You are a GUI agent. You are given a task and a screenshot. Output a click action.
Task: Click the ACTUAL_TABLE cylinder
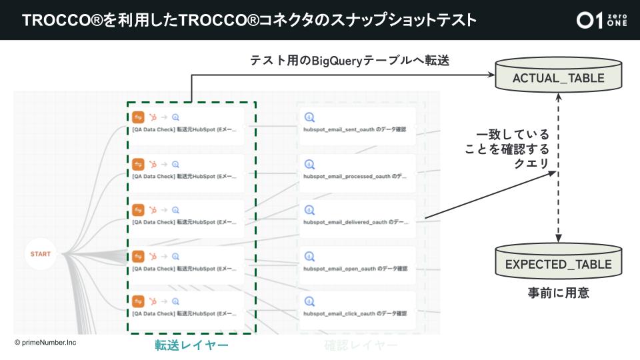tap(559, 78)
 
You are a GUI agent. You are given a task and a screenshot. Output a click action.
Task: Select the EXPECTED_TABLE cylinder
tap(559, 264)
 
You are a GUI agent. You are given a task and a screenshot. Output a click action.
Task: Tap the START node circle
tap(41, 254)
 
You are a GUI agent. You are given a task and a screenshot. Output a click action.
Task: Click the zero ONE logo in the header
tap(602, 20)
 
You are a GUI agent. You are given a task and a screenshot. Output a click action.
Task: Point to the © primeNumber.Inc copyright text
tap(45, 341)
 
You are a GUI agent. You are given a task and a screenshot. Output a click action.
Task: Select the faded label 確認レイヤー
tap(361, 345)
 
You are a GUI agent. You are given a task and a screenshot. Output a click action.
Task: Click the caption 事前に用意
tap(559, 293)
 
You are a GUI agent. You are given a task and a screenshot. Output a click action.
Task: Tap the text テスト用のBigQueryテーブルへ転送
tap(349, 61)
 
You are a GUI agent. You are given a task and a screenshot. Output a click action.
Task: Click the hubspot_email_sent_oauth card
tap(357, 125)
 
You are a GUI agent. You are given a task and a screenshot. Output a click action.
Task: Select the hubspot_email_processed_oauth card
tap(357, 171)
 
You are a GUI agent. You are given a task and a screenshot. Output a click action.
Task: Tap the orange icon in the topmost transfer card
tap(139, 117)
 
